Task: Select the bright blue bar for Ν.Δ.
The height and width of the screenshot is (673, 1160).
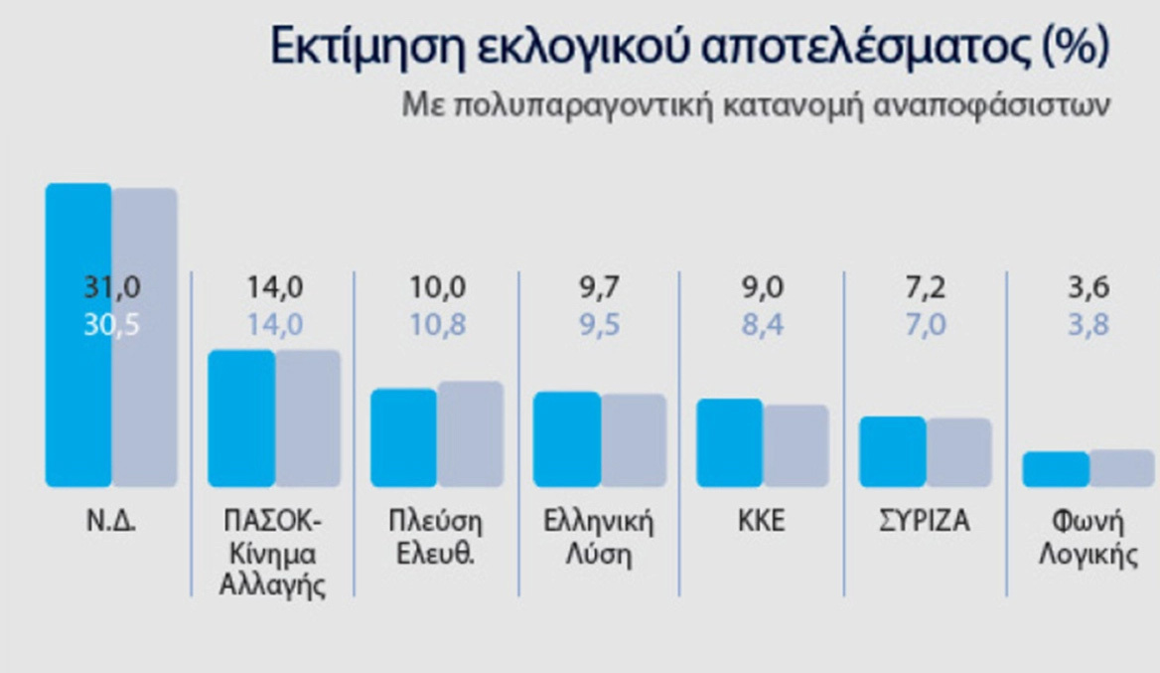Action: [78, 378]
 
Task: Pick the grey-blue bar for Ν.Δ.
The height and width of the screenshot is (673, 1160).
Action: [144, 398]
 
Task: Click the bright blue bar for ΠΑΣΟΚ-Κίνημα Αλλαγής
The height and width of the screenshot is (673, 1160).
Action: [240, 419]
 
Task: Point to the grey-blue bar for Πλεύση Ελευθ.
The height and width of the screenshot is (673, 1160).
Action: [470, 434]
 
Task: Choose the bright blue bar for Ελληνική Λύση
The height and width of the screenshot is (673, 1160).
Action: [567, 439]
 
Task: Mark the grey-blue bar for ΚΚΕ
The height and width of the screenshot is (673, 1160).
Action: [796, 445]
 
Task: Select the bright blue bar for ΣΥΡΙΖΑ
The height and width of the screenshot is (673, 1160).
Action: [892, 451]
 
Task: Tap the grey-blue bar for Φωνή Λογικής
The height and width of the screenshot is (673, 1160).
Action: [1121, 468]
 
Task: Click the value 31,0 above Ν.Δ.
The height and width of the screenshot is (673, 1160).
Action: [111, 288]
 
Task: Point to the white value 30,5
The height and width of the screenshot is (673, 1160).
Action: [111, 325]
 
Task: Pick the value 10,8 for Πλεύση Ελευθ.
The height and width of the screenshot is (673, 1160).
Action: [438, 325]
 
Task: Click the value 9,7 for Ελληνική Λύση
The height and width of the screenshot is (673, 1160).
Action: [600, 288]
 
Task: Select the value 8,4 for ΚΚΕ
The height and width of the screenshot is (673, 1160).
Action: [763, 325]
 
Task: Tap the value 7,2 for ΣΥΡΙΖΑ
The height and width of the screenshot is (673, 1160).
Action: [926, 288]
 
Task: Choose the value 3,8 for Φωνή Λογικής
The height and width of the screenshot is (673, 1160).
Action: [1088, 325]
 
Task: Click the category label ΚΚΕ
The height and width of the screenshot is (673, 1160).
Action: [762, 521]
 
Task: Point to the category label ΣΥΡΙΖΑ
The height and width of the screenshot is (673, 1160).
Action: [925, 521]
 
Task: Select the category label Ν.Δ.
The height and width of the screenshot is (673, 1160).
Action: [110, 521]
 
